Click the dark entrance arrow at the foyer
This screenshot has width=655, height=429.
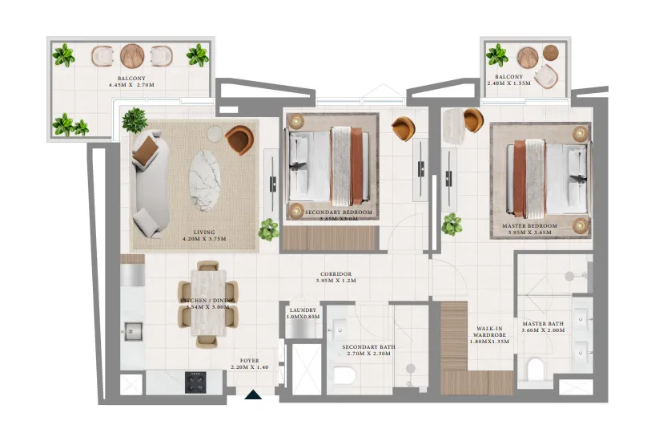[253, 394]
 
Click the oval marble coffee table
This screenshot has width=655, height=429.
[207, 180]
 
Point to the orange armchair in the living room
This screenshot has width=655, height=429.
[238, 140]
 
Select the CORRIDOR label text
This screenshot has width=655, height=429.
[334, 274]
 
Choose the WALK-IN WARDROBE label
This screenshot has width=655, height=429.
[489, 332]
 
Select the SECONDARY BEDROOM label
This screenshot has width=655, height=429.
[340, 212]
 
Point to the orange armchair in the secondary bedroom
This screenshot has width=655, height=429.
[404, 128]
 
